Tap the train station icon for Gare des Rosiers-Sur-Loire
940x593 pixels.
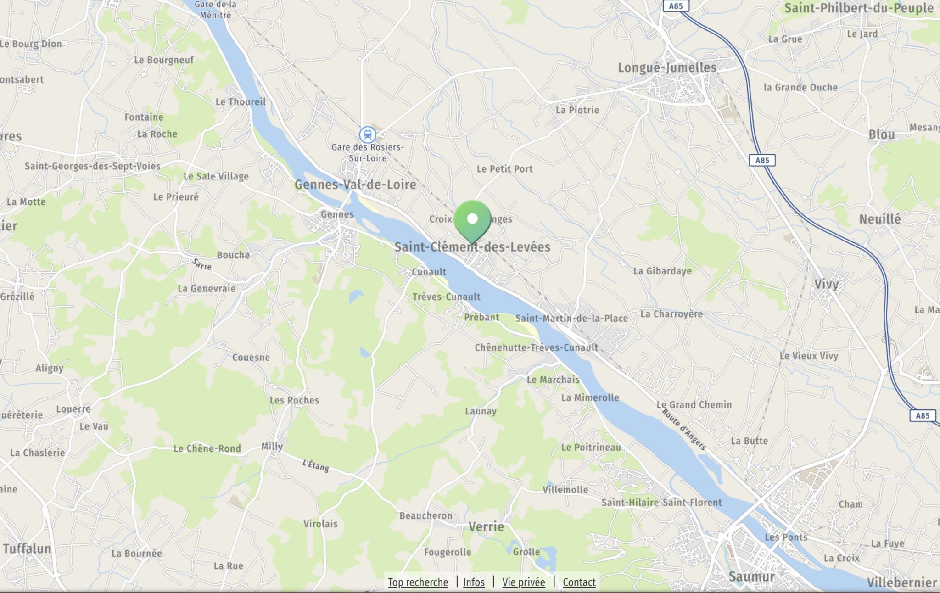(x=367, y=135)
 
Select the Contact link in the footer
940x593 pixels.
(x=579, y=582)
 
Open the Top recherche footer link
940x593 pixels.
(x=418, y=582)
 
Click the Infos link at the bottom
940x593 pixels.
(x=474, y=582)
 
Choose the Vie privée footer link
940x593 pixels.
(x=524, y=582)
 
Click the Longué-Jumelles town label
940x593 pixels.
(x=667, y=68)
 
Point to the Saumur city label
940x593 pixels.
(x=751, y=576)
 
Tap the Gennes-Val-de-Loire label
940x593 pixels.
(x=355, y=185)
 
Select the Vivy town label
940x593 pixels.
(x=826, y=284)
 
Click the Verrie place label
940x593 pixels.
(x=486, y=526)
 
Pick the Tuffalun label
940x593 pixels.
(x=27, y=548)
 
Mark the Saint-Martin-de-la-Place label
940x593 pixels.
(x=571, y=318)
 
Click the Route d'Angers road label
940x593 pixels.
(x=683, y=430)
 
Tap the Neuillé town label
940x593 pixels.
(x=879, y=219)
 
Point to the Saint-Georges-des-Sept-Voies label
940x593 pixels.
(x=93, y=166)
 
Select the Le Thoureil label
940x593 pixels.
(x=241, y=102)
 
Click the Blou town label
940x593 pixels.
(x=881, y=135)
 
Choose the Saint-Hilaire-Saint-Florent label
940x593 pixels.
(x=661, y=503)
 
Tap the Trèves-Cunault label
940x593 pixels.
(x=446, y=297)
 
